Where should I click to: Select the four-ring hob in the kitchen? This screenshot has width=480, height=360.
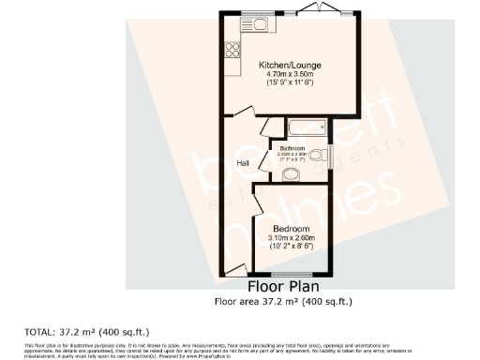[230, 51]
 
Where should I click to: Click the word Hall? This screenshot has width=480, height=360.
[242, 163]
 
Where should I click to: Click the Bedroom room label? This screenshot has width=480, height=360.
[292, 229]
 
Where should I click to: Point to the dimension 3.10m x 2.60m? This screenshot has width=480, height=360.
[292, 238]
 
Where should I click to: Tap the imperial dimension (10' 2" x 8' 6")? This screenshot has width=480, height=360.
[292, 247]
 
